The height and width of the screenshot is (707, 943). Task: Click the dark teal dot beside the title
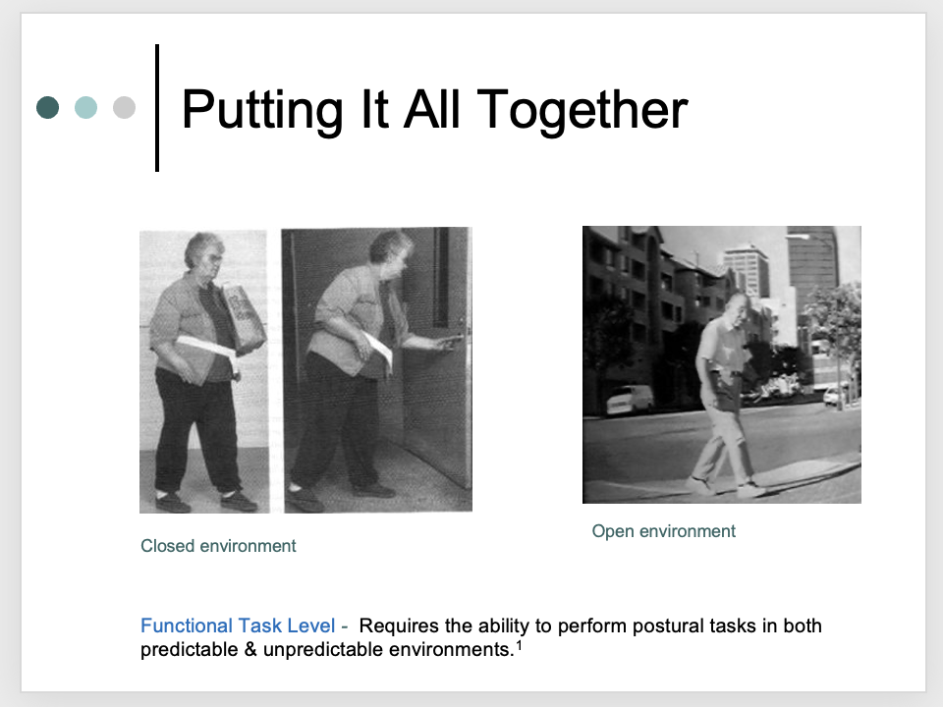(x=47, y=107)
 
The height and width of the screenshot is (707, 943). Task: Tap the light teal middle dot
(x=85, y=107)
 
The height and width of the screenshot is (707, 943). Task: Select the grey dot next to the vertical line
(x=124, y=107)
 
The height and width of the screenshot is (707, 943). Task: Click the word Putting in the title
(x=256, y=109)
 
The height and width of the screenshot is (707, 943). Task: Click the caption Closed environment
(x=218, y=546)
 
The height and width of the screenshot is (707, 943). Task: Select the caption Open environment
(x=663, y=531)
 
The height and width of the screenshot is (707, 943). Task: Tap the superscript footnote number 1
(x=520, y=645)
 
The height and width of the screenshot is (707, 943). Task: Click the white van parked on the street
(x=629, y=399)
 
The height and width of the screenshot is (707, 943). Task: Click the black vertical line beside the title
(x=157, y=108)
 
